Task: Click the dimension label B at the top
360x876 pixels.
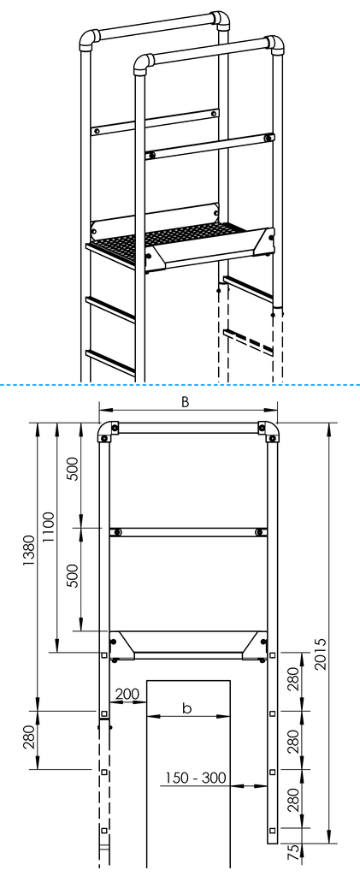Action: [x=185, y=403]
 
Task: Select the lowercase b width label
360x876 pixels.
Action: [x=187, y=707]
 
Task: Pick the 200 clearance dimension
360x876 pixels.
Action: [x=127, y=694]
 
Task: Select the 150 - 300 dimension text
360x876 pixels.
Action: [x=196, y=777]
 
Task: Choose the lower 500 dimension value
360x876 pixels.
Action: [x=73, y=575]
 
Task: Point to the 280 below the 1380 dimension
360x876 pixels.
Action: [x=28, y=737]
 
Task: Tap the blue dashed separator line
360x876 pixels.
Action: [x=180, y=385]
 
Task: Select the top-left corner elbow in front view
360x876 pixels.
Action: [x=105, y=431]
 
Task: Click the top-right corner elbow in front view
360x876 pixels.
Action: [x=269, y=431]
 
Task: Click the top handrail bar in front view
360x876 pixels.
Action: [x=188, y=428]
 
